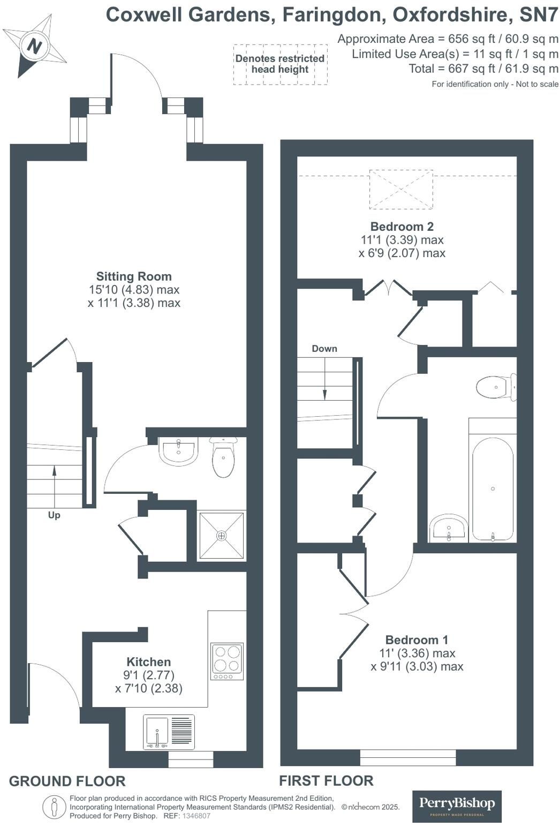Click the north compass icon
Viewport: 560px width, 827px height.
35,46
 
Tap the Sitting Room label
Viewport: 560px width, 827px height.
134,276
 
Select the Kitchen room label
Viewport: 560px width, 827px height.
148,661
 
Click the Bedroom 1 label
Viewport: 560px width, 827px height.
417,640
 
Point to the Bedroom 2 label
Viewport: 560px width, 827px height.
402,227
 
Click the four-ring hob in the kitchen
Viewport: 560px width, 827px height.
227,660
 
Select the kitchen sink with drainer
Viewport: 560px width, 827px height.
169,732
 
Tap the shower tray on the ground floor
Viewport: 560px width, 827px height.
222,535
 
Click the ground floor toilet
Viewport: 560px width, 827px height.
223,457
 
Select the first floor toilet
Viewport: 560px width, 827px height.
496,387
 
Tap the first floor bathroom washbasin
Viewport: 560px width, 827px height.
448,528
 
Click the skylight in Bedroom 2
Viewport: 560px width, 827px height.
401,189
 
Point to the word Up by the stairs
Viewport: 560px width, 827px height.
54,515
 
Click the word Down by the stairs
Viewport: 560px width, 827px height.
324,349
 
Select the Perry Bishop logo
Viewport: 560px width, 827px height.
457,806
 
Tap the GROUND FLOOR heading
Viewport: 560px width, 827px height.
67,781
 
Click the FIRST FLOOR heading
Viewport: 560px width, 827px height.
326,780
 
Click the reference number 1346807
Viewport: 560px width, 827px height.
196,816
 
